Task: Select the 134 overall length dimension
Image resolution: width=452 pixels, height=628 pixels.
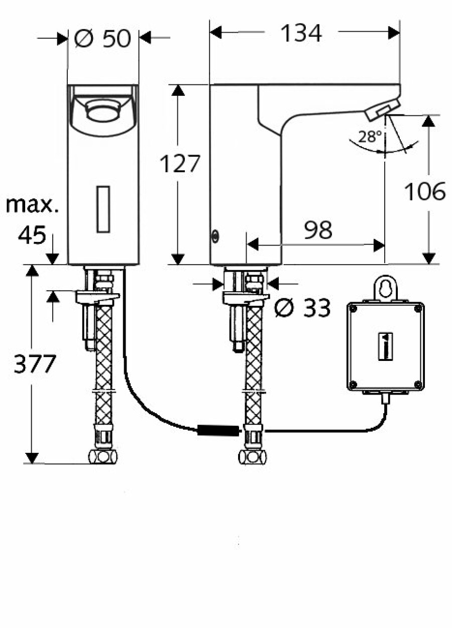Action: [x=301, y=33]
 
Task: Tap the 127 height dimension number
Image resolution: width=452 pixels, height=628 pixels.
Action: [x=180, y=164]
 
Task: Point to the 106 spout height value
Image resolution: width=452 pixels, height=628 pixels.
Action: [x=425, y=191]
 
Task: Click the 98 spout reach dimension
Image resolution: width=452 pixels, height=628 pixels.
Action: [x=318, y=229]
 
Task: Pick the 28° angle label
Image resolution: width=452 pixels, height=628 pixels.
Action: [x=370, y=137]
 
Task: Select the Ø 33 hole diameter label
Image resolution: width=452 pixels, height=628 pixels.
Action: [x=302, y=308]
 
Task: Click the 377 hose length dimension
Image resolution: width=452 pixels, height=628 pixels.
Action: [x=35, y=364]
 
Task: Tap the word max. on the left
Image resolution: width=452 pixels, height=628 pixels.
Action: [x=32, y=205]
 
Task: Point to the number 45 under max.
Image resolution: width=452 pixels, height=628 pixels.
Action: [x=32, y=235]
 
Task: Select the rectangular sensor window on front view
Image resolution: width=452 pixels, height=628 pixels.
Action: [x=103, y=209]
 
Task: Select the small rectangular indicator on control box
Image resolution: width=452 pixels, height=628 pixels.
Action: [x=385, y=346]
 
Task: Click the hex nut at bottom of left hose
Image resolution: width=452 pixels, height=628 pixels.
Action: [x=102, y=457]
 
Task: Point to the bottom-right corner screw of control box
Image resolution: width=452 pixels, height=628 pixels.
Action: [x=418, y=384]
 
